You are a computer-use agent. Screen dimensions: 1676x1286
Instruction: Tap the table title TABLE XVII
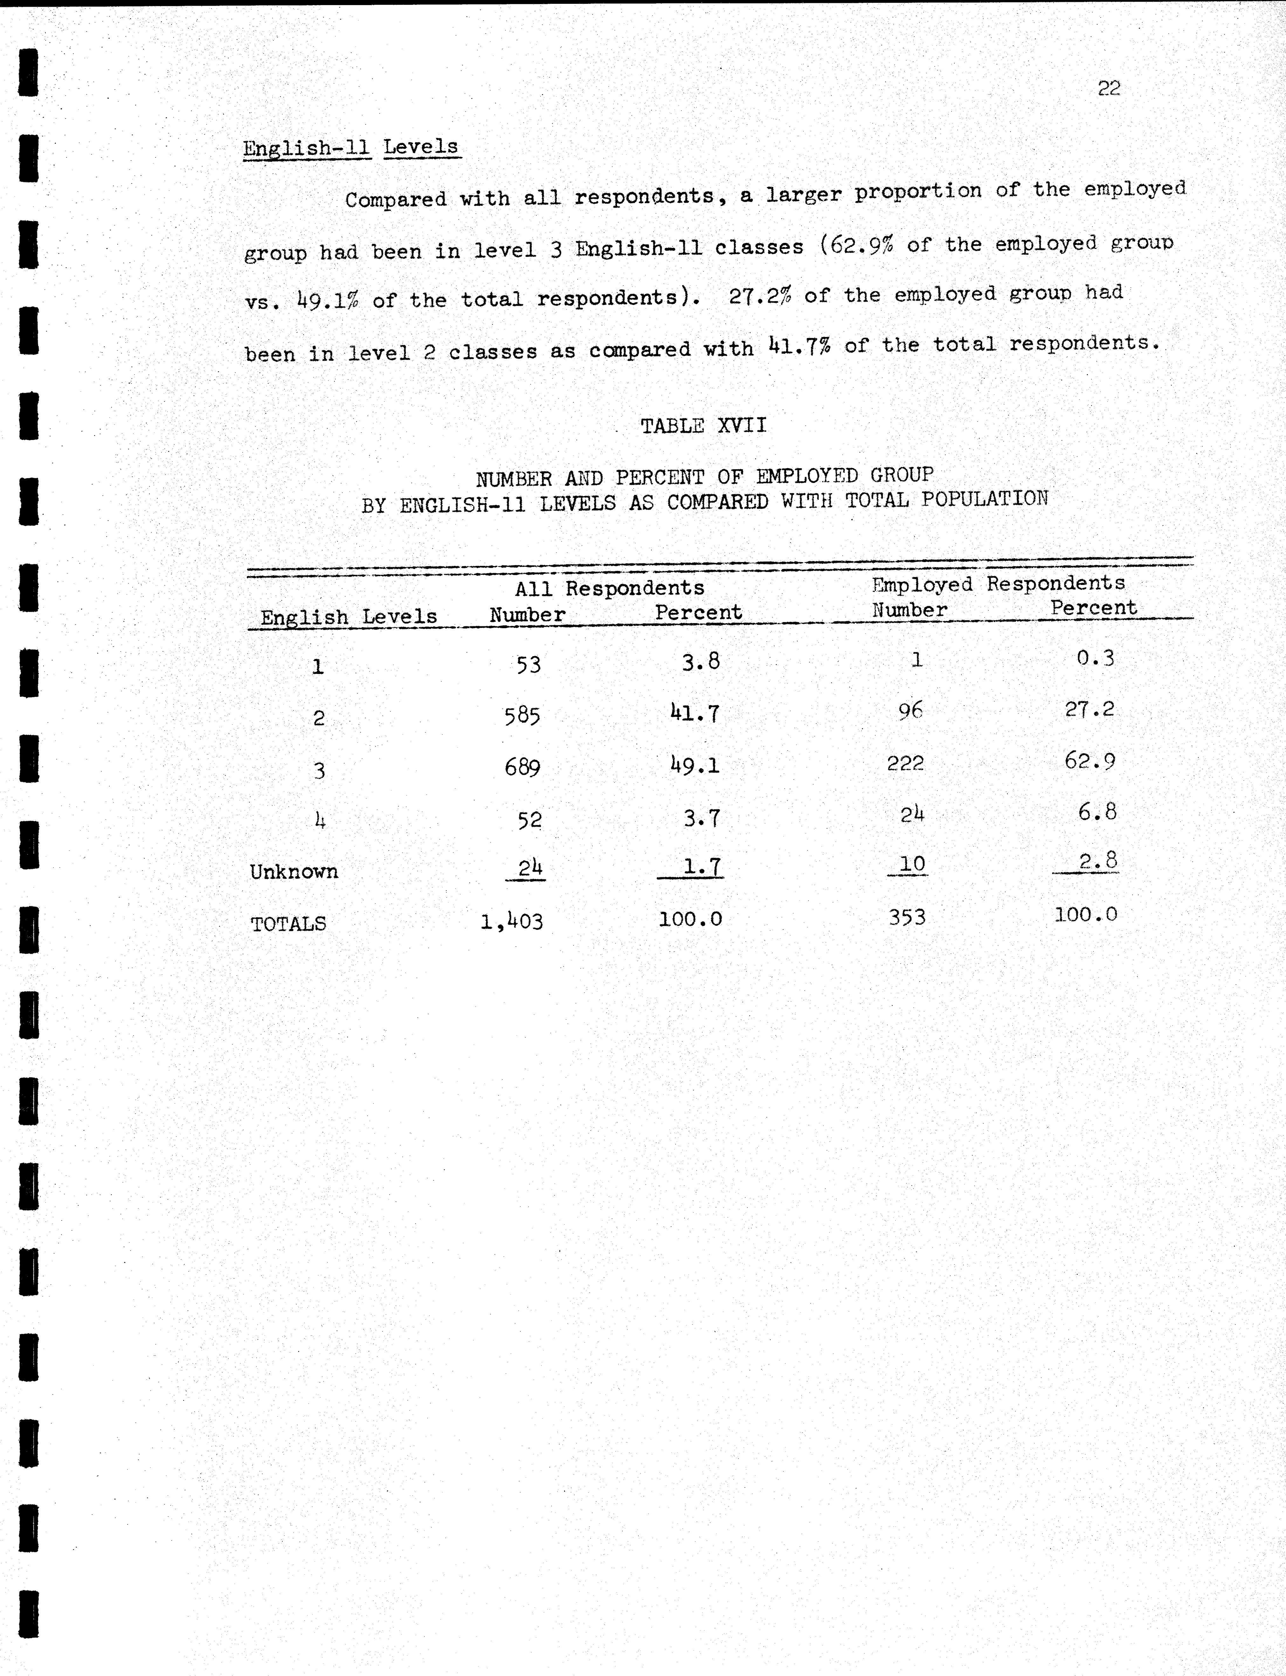click(x=704, y=425)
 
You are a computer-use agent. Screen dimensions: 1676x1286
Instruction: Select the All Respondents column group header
click(x=609, y=588)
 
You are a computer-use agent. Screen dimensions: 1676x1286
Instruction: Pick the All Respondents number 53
click(x=528, y=664)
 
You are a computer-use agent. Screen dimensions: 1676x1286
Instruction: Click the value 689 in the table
click(x=522, y=767)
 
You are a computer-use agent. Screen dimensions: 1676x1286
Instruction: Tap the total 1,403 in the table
click(x=511, y=921)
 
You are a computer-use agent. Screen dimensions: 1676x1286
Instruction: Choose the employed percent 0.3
click(x=1095, y=658)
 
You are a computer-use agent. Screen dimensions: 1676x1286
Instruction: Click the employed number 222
click(x=905, y=763)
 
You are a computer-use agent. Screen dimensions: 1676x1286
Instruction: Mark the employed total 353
click(x=907, y=917)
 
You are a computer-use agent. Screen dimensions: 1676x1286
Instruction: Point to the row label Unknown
click(x=294, y=872)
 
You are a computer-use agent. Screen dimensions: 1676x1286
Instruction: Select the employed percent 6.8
click(x=1097, y=812)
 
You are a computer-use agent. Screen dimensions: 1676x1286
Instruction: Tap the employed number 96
click(x=910, y=711)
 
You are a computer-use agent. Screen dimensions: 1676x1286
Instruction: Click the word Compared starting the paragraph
click(x=396, y=200)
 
